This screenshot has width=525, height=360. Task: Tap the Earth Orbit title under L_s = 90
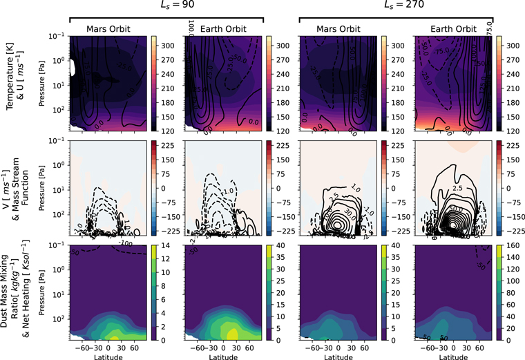[223, 30]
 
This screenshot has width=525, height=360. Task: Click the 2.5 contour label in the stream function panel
[457, 187]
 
